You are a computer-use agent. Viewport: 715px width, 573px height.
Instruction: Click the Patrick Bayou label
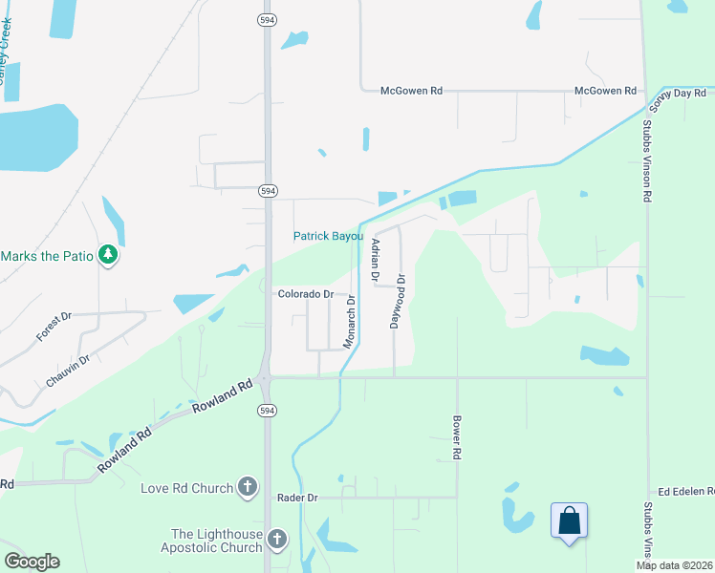tap(328, 236)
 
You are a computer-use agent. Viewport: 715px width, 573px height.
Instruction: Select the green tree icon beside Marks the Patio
tap(108, 255)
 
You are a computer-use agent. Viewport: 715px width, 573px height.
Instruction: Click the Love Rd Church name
tap(186, 488)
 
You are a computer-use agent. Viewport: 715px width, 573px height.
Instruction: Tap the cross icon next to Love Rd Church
tap(247, 488)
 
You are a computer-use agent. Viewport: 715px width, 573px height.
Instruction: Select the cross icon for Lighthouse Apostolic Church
tap(276, 541)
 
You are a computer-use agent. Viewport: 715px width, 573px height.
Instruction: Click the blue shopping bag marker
tap(569, 521)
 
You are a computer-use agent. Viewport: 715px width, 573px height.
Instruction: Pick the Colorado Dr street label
tap(305, 294)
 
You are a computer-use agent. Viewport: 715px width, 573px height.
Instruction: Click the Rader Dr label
tap(296, 498)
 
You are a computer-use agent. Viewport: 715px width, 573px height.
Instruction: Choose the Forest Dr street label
tap(54, 327)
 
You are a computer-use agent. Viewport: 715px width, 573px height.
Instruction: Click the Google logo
tap(32, 562)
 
